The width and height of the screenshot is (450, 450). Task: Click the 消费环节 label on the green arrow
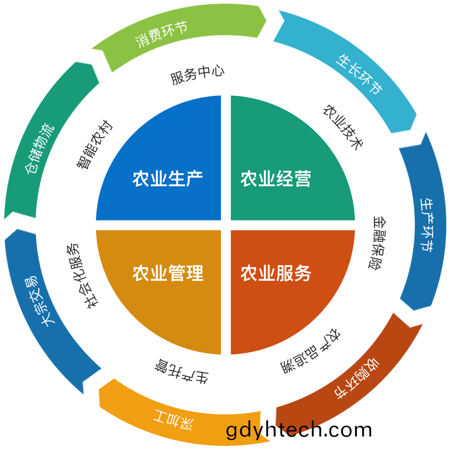tap(161, 34)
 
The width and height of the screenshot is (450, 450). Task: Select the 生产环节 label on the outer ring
tap(427, 225)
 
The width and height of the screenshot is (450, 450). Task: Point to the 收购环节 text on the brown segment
tap(357, 378)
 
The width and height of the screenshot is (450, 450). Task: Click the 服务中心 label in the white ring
tap(197, 75)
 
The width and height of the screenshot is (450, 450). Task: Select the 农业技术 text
tap(343, 127)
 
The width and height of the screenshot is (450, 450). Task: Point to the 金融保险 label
tap(377, 243)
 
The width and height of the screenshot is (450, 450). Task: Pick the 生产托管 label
tap(181, 371)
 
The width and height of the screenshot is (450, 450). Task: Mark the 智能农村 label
tap(94, 144)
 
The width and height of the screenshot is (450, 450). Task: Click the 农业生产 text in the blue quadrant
tap(167, 179)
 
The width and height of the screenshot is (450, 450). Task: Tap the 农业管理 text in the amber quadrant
tap(168, 273)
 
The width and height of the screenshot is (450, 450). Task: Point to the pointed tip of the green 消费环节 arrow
tap(266, 20)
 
